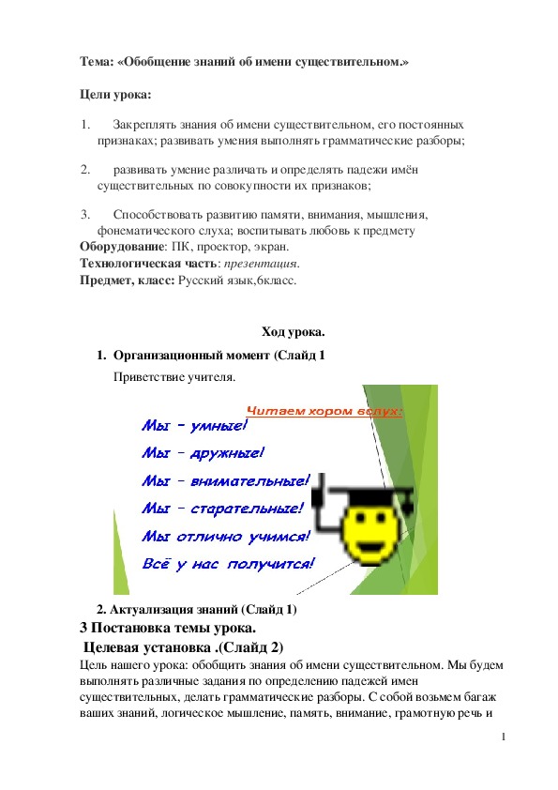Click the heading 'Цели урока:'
tap(114, 96)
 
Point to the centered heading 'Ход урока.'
tap(293, 330)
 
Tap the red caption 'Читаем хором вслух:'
tap(324, 411)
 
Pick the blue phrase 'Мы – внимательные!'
tap(223, 481)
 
